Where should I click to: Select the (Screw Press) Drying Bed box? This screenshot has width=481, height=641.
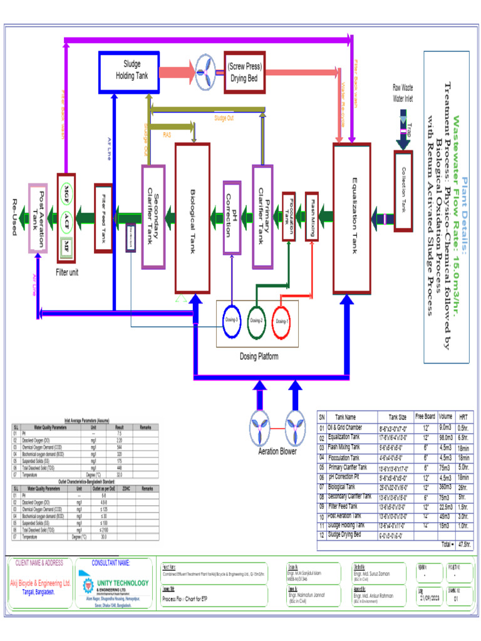pyautogui.click(x=244, y=72)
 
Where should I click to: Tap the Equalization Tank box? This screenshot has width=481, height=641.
pyautogui.click(x=352, y=218)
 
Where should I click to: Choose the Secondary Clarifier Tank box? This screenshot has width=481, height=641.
pyautogui.click(x=153, y=217)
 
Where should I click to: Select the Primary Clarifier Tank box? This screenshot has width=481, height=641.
pyautogui.click(x=262, y=215)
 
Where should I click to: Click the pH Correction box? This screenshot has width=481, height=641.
pyautogui.click(x=232, y=217)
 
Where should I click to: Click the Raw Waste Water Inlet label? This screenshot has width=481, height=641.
pyautogui.click(x=403, y=93)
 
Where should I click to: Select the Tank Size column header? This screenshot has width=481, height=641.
pyautogui.click(x=397, y=417)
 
